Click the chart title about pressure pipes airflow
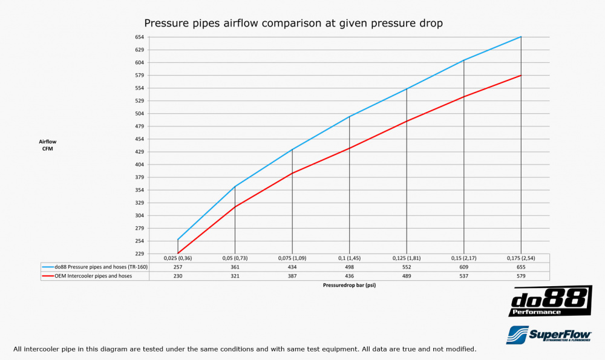[x=293, y=24]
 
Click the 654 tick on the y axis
[x=139, y=37]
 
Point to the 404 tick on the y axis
[x=139, y=165]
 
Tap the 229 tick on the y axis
[x=139, y=254]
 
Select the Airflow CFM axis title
[x=47, y=145]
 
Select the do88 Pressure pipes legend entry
[x=95, y=267]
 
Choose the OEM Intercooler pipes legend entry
[x=88, y=276]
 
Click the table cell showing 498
[x=349, y=267]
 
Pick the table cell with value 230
[x=177, y=276]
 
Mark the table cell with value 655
[x=521, y=267]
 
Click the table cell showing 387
[x=292, y=276]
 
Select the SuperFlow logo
[x=549, y=335]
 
